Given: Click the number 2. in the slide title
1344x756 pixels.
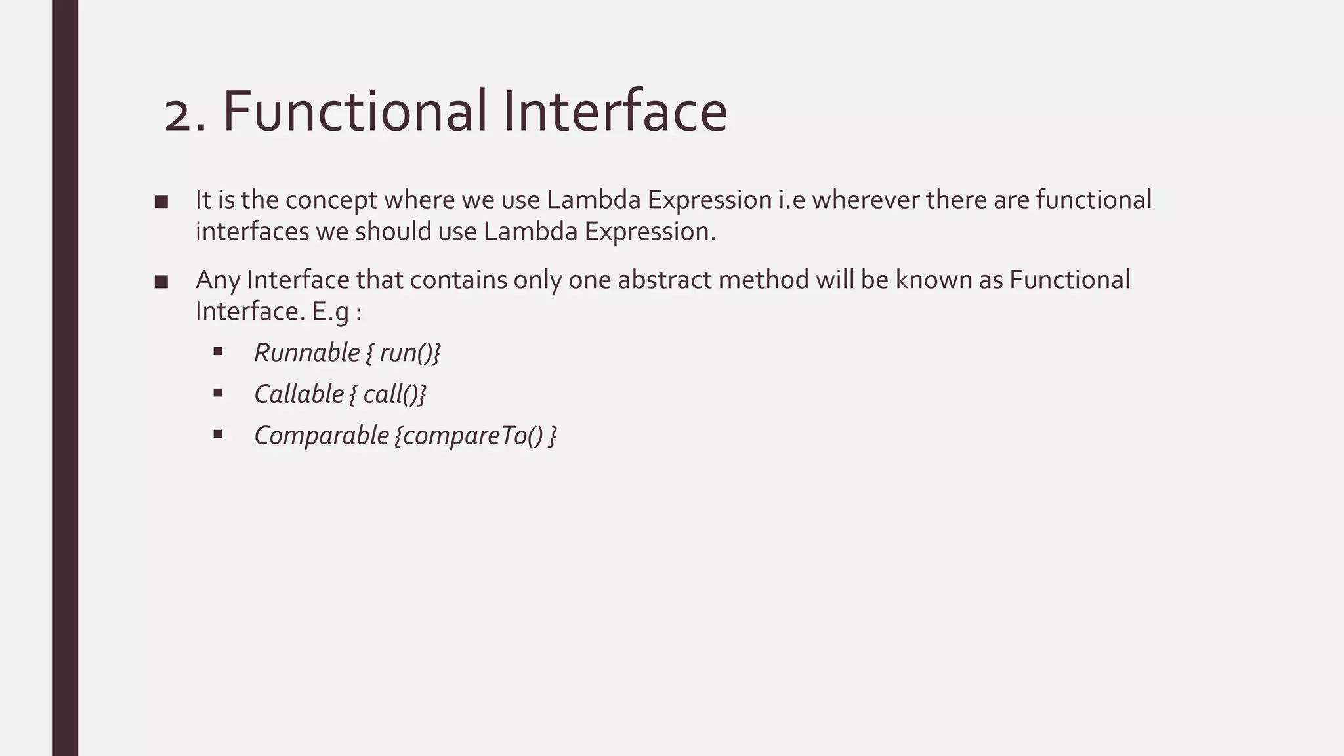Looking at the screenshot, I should (x=185, y=113).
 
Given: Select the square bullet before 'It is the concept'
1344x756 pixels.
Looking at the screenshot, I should (x=161, y=201).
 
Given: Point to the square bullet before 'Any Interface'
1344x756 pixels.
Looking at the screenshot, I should (x=161, y=282).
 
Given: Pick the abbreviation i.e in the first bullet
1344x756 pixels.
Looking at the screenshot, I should (x=791, y=199).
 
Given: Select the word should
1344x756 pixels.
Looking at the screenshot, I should (x=393, y=232).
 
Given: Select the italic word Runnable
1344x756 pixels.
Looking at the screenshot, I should (x=306, y=352).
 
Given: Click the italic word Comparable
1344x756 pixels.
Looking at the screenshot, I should (x=322, y=435).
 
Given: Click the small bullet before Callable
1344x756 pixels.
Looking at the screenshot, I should (x=218, y=393).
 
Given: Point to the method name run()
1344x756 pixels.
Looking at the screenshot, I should (x=406, y=352).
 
